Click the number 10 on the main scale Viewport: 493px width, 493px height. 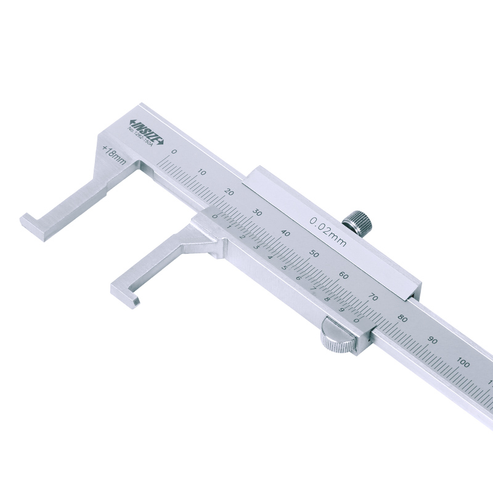click(x=202, y=172)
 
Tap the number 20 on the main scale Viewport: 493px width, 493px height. click(x=230, y=192)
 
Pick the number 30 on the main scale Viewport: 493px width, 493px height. click(x=258, y=213)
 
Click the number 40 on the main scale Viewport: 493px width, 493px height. click(x=286, y=234)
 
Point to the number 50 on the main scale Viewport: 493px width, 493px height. click(x=314, y=254)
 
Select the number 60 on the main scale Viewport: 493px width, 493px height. click(x=344, y=275)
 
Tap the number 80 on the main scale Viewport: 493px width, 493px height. click(x=402, y=319)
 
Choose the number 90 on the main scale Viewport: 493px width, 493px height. click(x=433, y=340)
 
